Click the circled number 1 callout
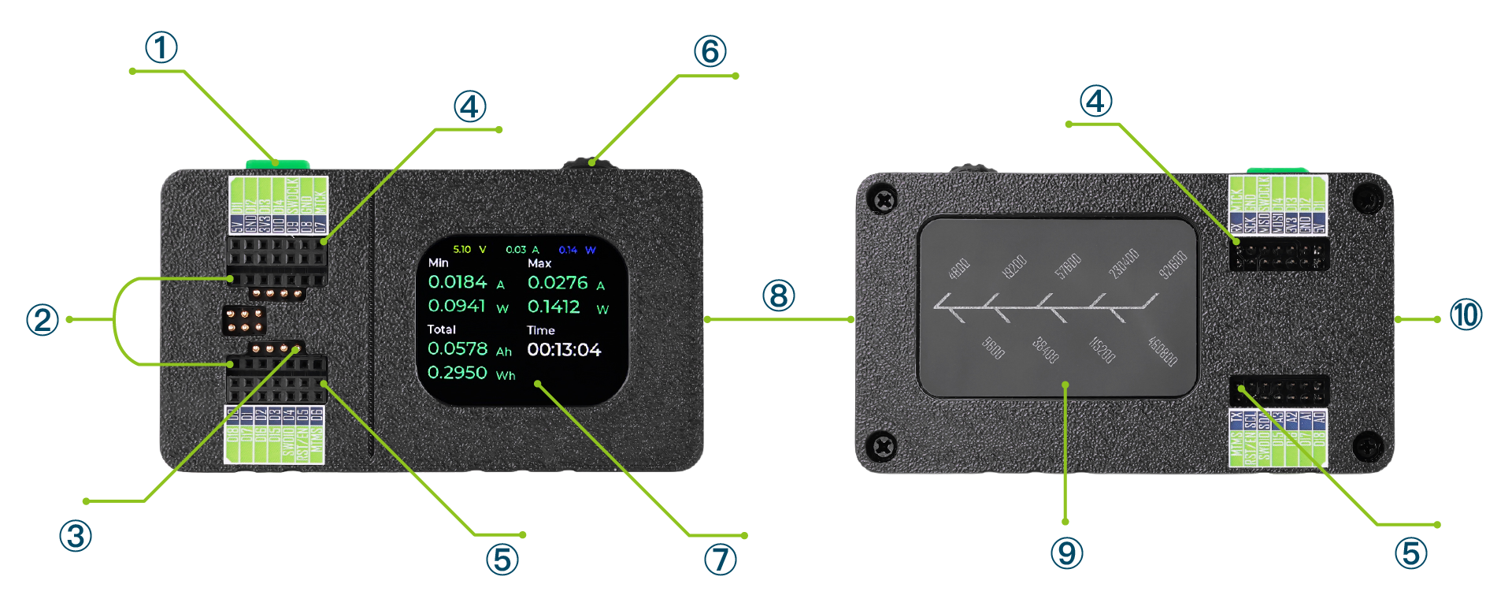point(161,47)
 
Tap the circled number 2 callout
point(43,319)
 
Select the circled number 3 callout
point(76,536)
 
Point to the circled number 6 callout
point(710,51)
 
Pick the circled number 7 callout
point(720,560)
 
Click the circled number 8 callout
point(778,296)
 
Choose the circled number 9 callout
point(1066,552)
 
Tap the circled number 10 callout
point(1466,314)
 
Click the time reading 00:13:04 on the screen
point(564,350)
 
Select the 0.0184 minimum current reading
point(458,282)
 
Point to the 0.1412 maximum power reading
point(554,307)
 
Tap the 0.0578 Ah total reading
point(458,348)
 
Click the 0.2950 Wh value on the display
point(458,372)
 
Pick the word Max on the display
point(539,263)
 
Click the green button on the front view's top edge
point(277,164)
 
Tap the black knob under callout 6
point(589,164)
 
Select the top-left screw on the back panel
point(884,199)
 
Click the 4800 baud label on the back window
point(959,269)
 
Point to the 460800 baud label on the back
point(1162,351)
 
